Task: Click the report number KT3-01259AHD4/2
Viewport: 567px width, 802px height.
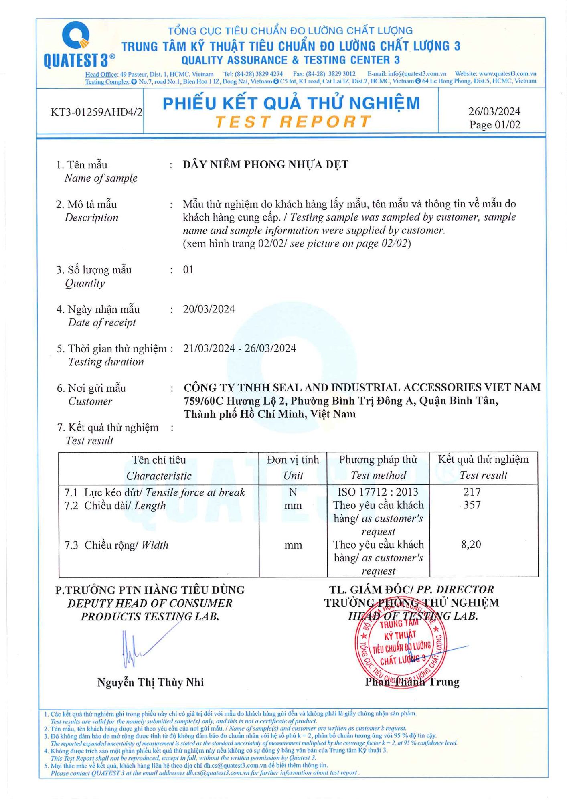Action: pyautogui.click(x=96, y=112)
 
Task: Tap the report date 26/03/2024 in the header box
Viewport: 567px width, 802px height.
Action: pyautogui.click(x=494, y=111)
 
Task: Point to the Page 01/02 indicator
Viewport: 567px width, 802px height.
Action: pyautogui.click(x=495, y=125)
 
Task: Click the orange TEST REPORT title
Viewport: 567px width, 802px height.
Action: pyautogui.click(x=293, y=122)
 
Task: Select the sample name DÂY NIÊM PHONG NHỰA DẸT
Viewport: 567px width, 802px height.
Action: pyautogui.click(x=265, y=164)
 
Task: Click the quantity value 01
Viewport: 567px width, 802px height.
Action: pyautogui.click(x=188, y=270)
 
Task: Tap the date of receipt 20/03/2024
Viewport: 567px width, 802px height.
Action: pyautogui.click(x=209, y=309)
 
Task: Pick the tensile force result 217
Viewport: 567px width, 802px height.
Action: pyautogui.click(x=472, y=492)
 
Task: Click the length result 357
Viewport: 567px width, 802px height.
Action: pyautogui.click(x=472, y=505)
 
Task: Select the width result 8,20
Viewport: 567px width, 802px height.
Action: pyautogui.click(x=471, y=545)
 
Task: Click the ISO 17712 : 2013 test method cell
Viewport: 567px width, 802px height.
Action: pyautogui.click(x=378, y=492)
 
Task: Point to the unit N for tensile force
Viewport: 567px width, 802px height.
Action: pyautogui.click(x=293, y=492)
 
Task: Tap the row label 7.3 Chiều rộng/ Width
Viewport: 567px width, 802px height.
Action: pyautogui.click(x=116, y=545)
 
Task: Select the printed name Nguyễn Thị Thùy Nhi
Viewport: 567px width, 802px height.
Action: pyautogui.click(x=150, y=683)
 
